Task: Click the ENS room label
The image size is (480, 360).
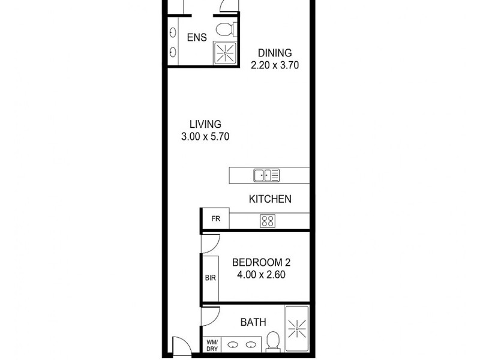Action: click(197, 38)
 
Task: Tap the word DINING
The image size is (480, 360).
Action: click(275, 52)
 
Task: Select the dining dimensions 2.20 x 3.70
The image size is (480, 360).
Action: click(275, 64)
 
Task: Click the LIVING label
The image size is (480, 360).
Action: click(205, 125)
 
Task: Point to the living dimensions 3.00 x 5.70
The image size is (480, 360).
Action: click(206, 137)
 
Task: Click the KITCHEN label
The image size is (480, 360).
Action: click(271, 199)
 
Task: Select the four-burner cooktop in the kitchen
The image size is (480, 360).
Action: click(268, 220)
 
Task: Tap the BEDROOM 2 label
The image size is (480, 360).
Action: click(261, 262)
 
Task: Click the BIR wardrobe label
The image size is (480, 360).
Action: click(211, 278)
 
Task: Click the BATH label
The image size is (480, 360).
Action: click(253, 322)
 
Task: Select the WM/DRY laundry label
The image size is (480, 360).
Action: click(212, 345)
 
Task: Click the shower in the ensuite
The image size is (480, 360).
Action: click(226, 52)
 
